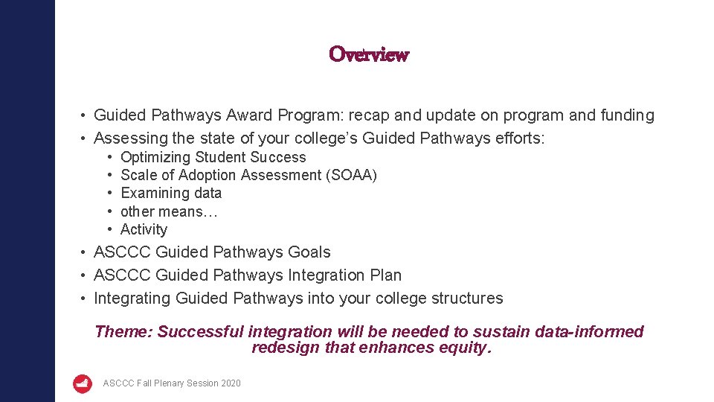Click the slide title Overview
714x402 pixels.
(x=369, y=54)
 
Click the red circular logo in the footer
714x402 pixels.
(x=83, y=383)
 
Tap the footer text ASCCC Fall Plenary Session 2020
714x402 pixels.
(x=172, y=383)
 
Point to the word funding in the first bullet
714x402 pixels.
(x=627, y=115)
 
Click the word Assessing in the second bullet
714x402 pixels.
(x=129, y=138)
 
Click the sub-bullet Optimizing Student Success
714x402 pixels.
(x=213, y=157)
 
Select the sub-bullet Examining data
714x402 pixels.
(x=171, y=194)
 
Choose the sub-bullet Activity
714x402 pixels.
(x=144, y=230)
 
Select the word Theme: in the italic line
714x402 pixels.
(x=123, y=332)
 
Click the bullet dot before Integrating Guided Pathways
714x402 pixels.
(x=86, y=299)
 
